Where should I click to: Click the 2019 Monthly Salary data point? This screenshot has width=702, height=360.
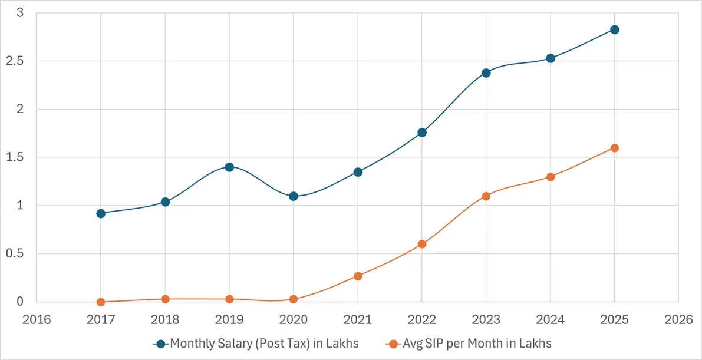point(229,167)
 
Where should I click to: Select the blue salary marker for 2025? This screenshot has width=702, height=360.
point(614,29)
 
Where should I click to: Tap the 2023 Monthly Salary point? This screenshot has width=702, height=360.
point(486,73)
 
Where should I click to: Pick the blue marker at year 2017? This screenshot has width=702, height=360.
point(101,213)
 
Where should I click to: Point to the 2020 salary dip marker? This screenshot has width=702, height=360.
point(294,196)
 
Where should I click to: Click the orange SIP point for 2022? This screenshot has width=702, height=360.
point(421,244)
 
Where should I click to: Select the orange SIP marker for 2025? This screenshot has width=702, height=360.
point(614,148)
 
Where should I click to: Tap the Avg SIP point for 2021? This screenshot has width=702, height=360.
point(358,276)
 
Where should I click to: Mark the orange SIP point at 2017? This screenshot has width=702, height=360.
point(101,302)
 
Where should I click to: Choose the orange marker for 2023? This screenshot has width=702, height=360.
point(486,196)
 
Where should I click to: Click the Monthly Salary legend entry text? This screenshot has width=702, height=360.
point(264,344)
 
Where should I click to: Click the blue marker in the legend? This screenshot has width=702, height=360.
point(160,344)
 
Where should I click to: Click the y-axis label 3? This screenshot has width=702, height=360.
point(19,13)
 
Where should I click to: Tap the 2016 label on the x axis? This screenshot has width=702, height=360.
point(37,320)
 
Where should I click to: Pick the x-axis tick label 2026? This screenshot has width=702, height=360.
point(678,320)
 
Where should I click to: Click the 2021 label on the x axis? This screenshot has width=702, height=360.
point(358,320)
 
